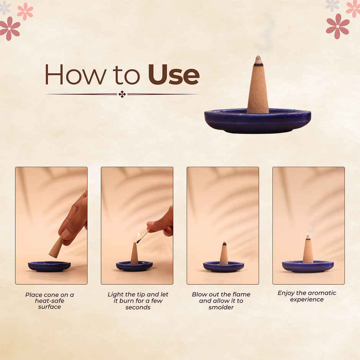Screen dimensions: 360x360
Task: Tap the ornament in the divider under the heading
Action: point(122,94)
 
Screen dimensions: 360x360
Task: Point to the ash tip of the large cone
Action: point(259,60)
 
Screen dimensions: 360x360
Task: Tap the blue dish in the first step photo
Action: point(49,266)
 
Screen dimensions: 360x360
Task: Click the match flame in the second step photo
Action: point(138,236)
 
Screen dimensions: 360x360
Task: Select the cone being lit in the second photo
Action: point(134,254)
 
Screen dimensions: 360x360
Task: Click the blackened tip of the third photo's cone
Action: point(224,244)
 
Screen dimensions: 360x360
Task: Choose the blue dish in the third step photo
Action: point(223,267)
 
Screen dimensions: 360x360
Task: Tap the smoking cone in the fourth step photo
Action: point(308,250)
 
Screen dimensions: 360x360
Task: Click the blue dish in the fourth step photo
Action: point(308,266)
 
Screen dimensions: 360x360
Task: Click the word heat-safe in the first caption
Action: point(49,301)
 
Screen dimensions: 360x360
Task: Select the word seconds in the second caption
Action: point(138,308)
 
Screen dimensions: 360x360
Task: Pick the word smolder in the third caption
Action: point(221,308)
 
